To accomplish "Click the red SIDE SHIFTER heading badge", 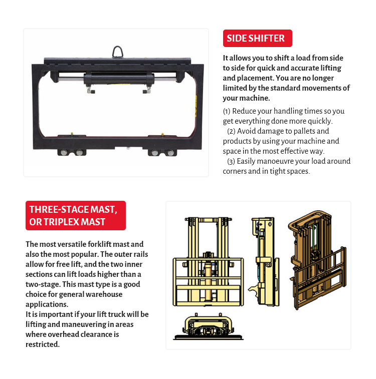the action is tap(258, 38).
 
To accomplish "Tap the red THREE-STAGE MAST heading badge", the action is tap(76, 215).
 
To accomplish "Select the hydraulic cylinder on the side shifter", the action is tap(119, 79).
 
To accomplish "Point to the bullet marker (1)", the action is tap(227, 112).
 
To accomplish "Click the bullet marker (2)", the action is tap(231, 131).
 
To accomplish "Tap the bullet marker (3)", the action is tap(231, 161).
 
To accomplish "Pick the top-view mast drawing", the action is tap(208, 326).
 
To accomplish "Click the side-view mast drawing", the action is tap(264, 261).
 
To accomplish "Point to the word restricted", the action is tap(43, 344).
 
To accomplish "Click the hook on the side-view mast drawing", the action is tap(253, 289).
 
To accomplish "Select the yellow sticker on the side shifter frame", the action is tap(196, 106).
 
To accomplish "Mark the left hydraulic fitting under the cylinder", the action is tap(91, 90).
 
